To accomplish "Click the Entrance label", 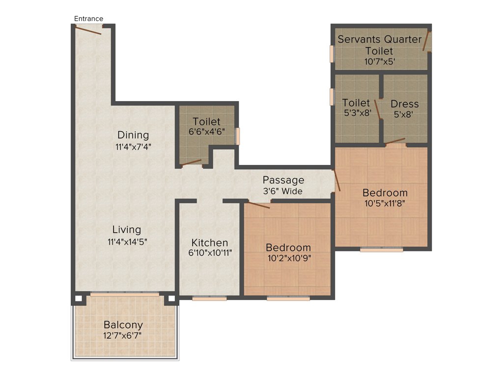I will tap(89, 19).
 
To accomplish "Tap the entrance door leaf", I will tap(88, 30).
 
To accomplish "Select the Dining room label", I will tap(133, 135).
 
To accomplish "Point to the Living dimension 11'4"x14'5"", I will tap(127, 241).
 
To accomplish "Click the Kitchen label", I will tap(210, 242).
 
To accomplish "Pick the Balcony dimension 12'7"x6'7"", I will tap(123, 336).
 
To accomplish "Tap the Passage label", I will tap(283, 180).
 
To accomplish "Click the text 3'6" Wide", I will tap(283, 191).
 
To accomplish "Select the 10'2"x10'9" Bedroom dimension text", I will tap(288, 258).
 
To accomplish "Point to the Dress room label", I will tap(405, 104).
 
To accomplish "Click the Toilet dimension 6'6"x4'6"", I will tap(206, 132).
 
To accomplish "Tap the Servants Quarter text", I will tap(380, 39).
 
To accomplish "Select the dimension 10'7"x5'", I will tap(380, 61).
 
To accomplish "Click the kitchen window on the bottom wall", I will tap(209, 298).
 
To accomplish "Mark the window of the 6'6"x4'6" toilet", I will tap(237, 136).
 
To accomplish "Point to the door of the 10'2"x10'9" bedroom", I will tap(258, 205).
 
